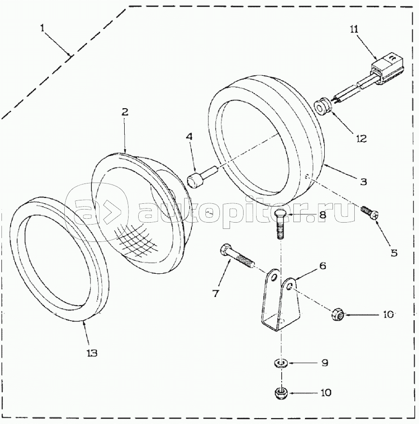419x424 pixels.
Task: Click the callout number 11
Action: click(x=354, y=29)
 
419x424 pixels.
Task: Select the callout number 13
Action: click(x=92, y=353)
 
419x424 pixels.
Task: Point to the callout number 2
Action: click(x=125, y=112)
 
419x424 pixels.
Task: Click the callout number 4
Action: click(x=189, y=137)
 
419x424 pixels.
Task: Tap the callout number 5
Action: click(x=393, y=252)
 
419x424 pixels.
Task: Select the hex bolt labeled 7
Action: click(x=236, y=257)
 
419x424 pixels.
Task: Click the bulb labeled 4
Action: click(x=198, y=178)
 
